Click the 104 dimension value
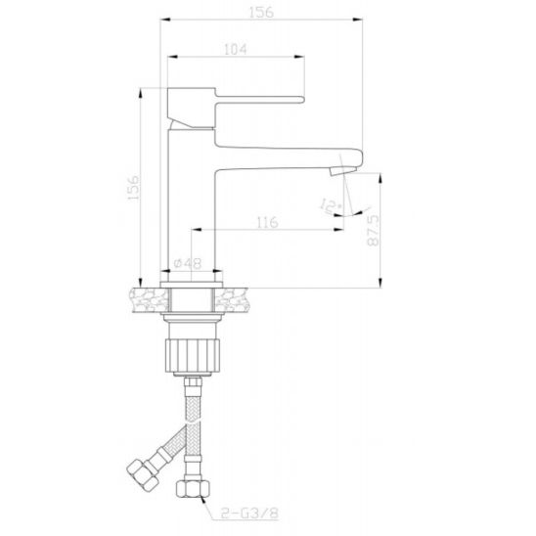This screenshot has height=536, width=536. (235, 49)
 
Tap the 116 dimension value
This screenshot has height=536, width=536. (267, 223)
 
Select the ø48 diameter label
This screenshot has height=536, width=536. (188, 263)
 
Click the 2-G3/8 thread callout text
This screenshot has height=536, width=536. (249, 513)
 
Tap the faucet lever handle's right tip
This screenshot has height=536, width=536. (303, 100)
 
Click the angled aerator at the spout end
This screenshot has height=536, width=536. (343, 170)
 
